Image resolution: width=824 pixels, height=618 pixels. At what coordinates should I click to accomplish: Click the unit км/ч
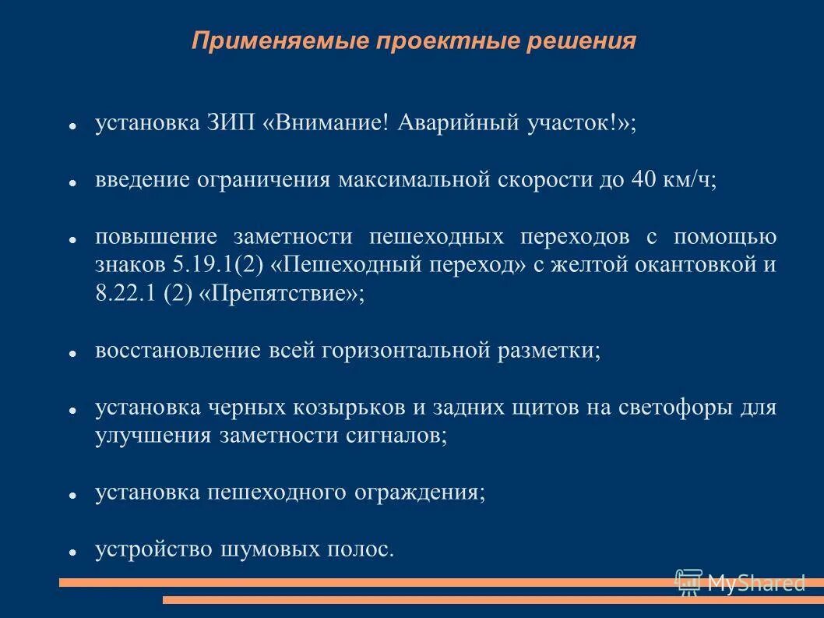[690, 180]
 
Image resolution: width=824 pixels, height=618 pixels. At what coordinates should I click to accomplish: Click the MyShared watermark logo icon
[688, 581]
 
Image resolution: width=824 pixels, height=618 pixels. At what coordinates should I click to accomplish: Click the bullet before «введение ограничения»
[71, 182]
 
